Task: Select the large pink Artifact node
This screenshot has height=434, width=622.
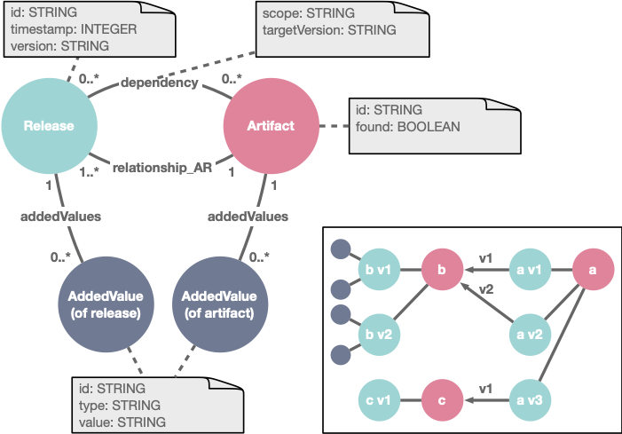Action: click(270, 127)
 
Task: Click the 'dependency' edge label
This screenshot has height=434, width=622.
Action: click(159, 83)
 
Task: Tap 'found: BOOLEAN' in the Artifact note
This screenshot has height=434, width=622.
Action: click(408, 127)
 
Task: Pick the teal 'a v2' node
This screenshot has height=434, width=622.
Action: click(533, 334)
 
